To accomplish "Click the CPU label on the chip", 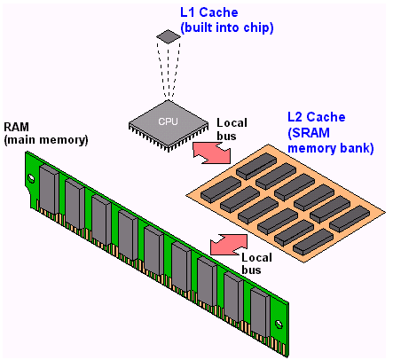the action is pyautogui.click(x=168, y=121).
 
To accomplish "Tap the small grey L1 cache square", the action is pyautogui.click(x=169, y=36).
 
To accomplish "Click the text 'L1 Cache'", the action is pyautogui.click(x=209, y=12).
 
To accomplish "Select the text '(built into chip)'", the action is pyautogui.click(x=227, y=27).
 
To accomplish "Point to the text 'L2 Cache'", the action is pyautogui.click(x=317, y=117).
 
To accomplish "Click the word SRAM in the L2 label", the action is pyautogui.click(x=309, y=133).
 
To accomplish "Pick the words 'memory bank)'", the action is pyautogui.click(x=331, y=148).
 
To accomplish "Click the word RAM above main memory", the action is pyautogui.click(x=16, y=127).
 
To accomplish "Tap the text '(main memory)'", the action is pyautogui.click(x=46, y=139).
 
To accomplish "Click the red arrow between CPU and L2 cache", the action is pyautogui.click(x=212, y=153).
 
